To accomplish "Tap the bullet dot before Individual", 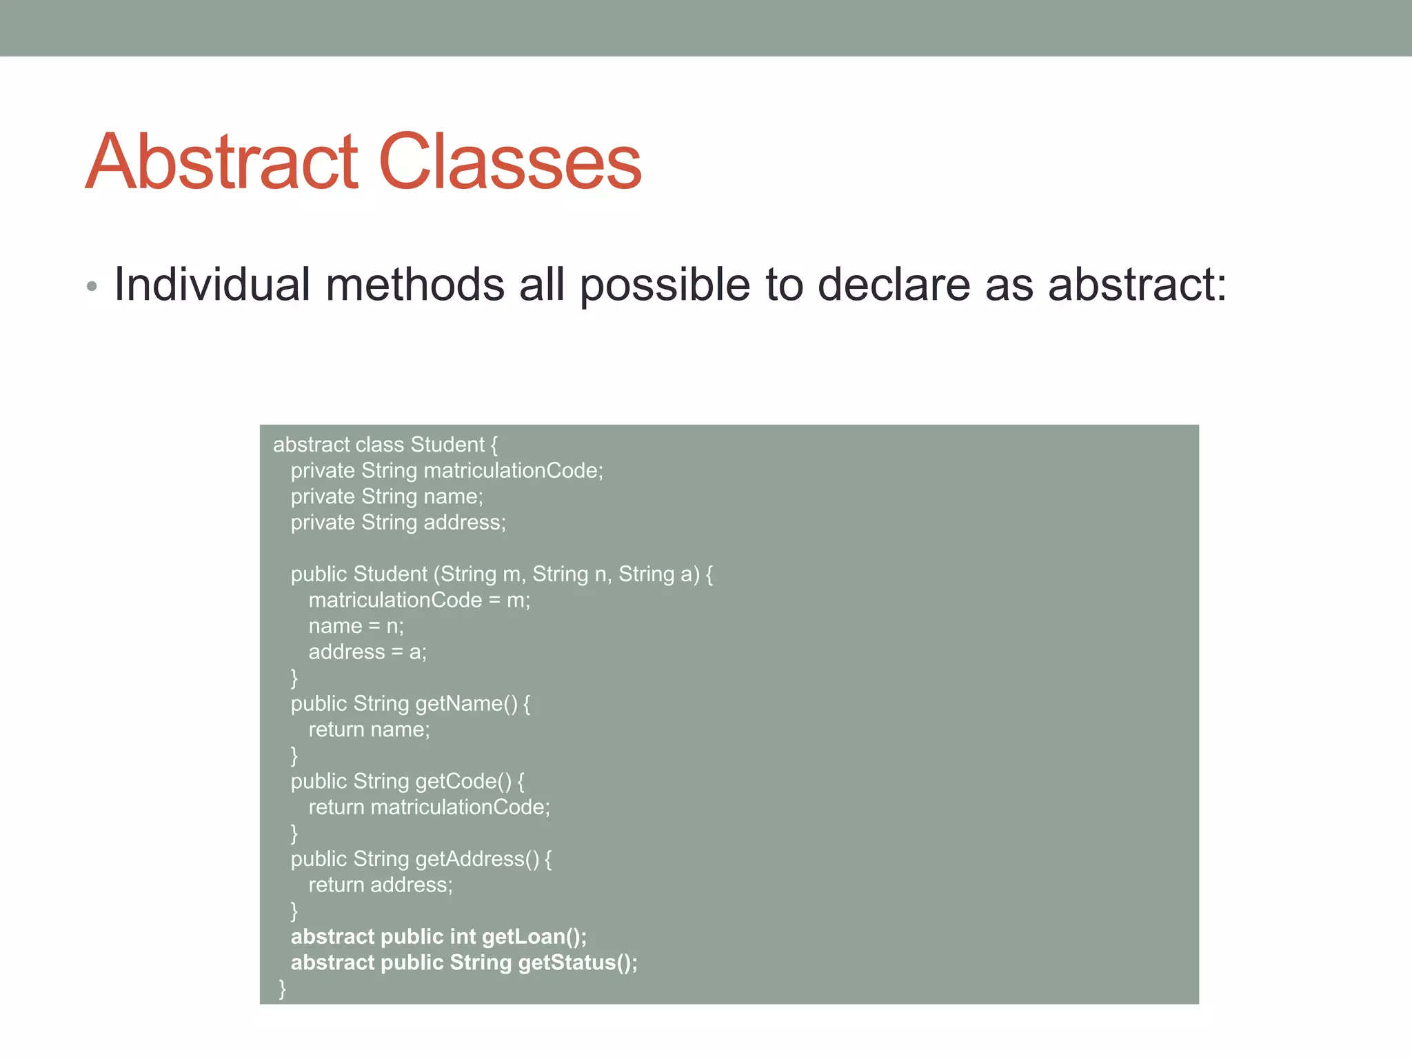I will click(x=92, y=286).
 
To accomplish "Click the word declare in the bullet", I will click(x=893, y=285).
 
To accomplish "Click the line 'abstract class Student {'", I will click(x=385, y=445).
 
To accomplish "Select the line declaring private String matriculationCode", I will click(x=446, y=471).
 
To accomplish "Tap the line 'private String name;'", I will click(x=386, y=496).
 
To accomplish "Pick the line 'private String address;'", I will click(x=398, y=523).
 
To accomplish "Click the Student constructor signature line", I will click(x=501, y=574).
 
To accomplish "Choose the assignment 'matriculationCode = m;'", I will click(x=418, y=601).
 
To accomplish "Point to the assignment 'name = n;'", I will click(x=356, y=626).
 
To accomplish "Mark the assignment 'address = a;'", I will click(x=367, y=652).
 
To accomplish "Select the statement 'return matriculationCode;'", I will click(x=429, y=807).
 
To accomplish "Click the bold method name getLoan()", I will click(x=534, y=937).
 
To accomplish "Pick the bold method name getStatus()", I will click(x=577, y=962).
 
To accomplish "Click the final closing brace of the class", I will click(x=282, y=989).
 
